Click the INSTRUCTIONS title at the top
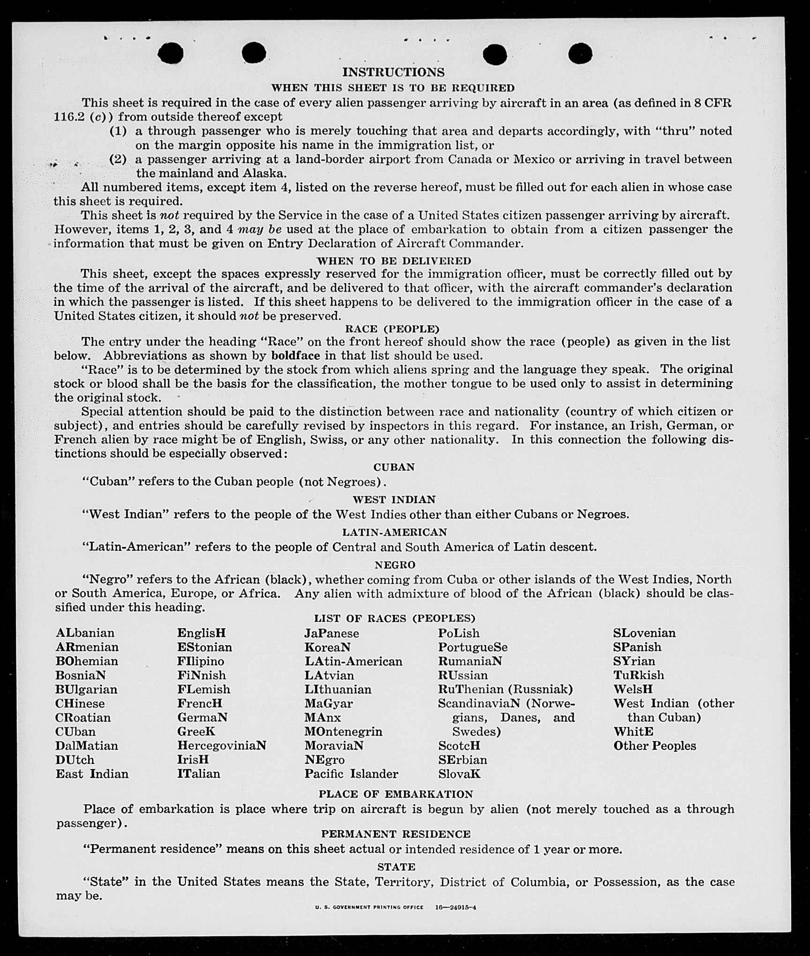[x=393, y=72]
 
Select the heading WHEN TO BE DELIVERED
[x=394, y=261]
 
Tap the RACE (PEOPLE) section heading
[x=392, y=329]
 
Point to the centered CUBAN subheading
[x=394, y=467]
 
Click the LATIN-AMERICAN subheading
[x=394, y=532]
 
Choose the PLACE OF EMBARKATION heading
[x=396, y=794]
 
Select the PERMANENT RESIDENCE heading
[x=396, y=834]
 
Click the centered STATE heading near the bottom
[x=396, y=867]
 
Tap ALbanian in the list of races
[x=85, y=633]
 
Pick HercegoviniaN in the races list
[x=222, y=745]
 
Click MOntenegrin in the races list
[x=343, y=731]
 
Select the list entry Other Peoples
[x=654, y=745]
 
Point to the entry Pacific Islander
[x=351, y=774]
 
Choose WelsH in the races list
[x=633, y=689]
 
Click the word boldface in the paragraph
[x=296, y=355]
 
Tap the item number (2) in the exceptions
[x=118, y=159]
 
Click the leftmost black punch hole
[x=171, y=53]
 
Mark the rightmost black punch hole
[x=580, y=53]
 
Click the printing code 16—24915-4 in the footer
[x=455, y=907]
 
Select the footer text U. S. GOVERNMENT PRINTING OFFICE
[x=369, y=907]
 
